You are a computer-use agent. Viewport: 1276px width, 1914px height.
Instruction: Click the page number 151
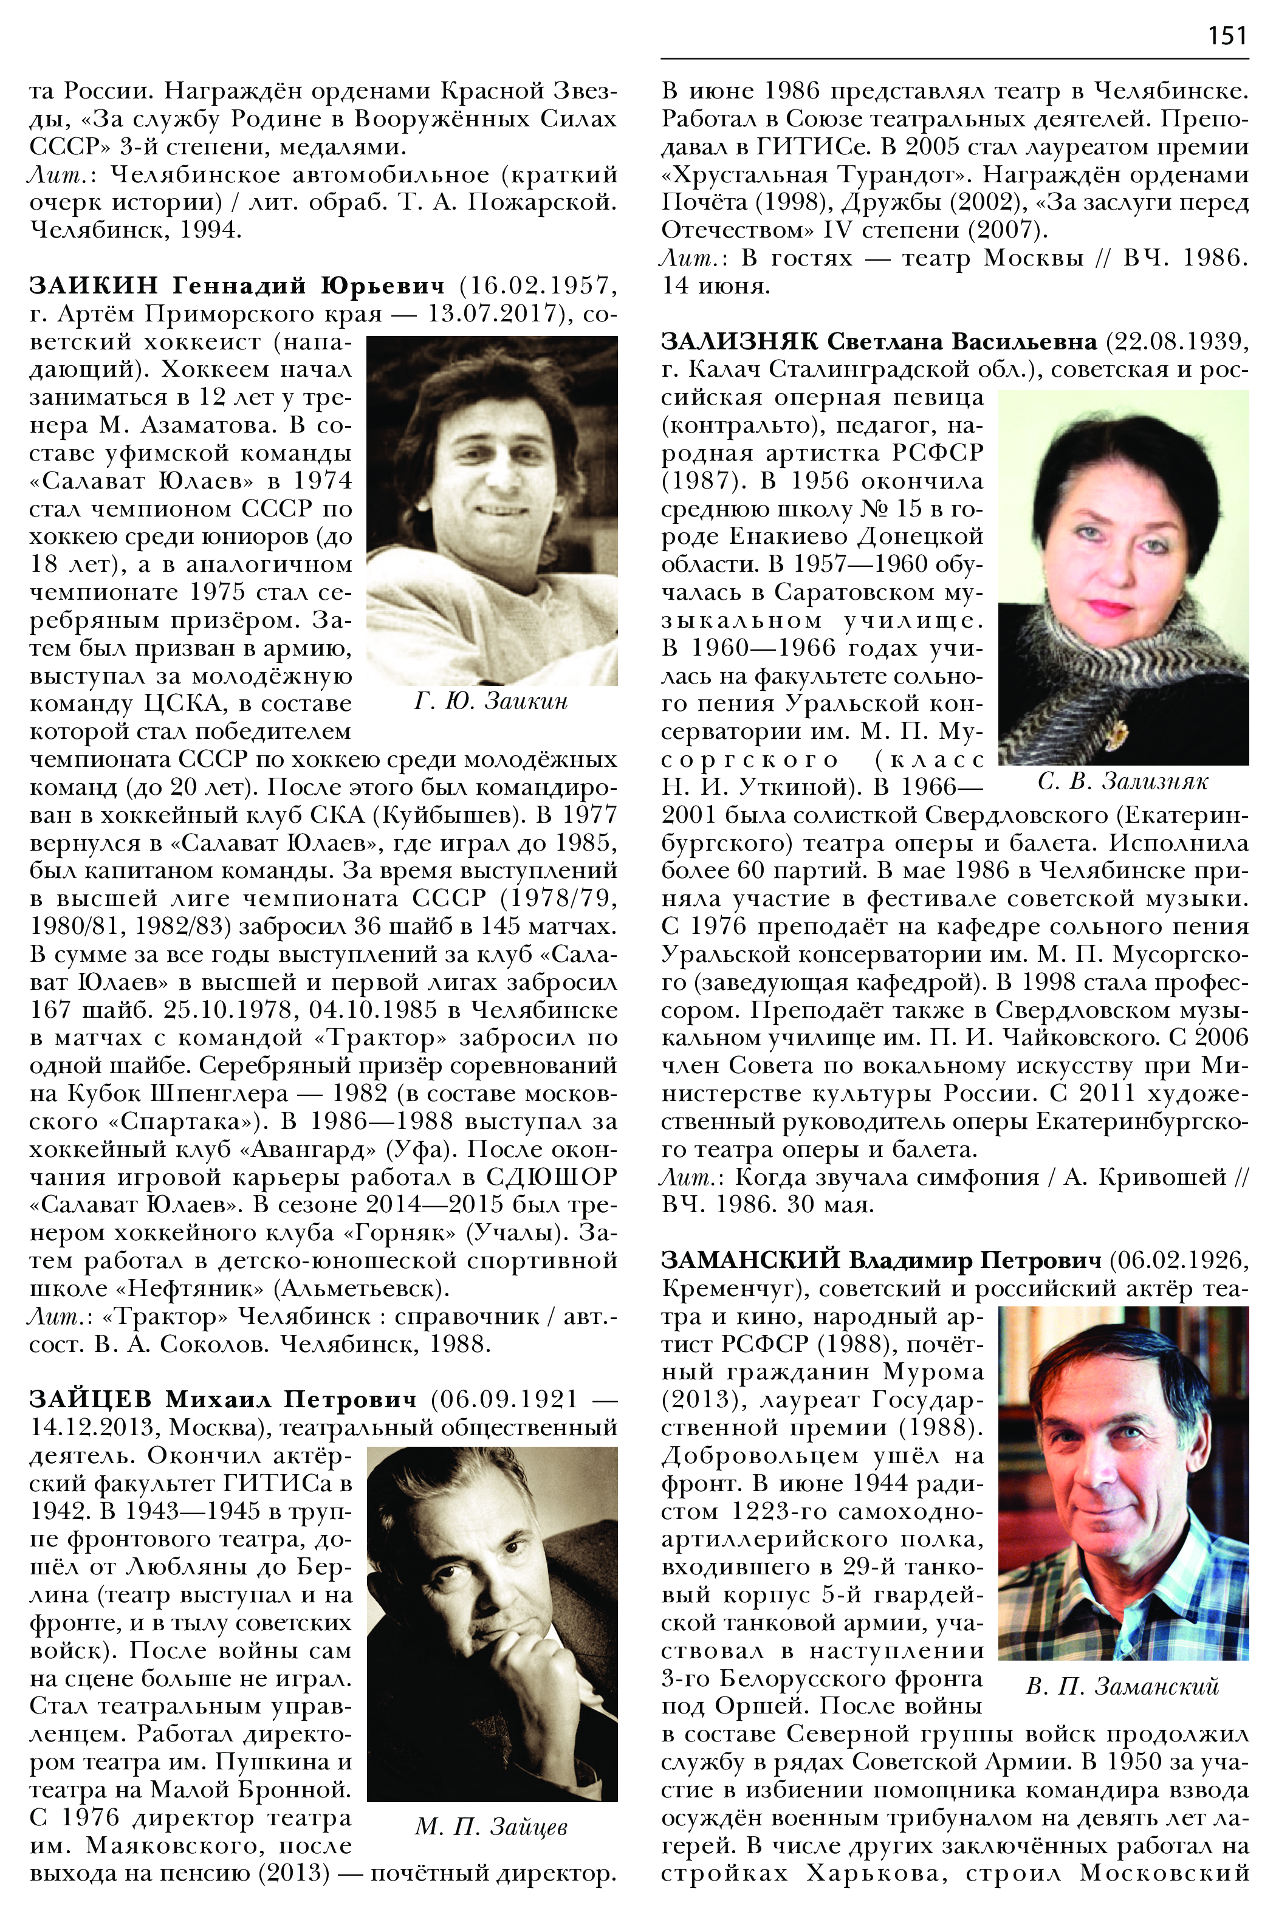point(1227,36)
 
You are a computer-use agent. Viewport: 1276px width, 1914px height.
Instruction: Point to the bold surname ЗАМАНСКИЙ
point(750,1261)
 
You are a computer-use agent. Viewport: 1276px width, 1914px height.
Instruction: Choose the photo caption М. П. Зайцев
point(491,1827)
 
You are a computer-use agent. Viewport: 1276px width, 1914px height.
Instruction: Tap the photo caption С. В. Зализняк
point(1123,782)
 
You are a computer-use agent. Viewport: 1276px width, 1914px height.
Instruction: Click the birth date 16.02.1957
point(538,286)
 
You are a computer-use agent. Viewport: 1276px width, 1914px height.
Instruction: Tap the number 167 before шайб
point(50,1010)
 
